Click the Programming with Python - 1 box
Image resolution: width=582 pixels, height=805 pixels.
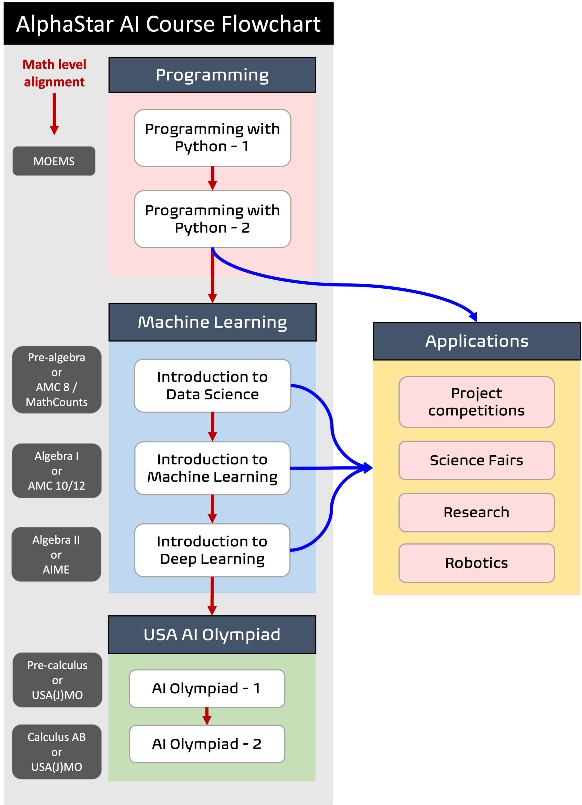(212, 138)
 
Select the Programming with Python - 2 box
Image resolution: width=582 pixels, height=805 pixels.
(212, 219)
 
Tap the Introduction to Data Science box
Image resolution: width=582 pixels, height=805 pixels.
(212, 386)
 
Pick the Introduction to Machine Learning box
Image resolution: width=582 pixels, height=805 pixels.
(212, 468)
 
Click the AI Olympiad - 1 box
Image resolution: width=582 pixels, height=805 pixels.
(207, 688)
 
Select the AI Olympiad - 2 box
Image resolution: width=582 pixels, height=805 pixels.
(207, 744)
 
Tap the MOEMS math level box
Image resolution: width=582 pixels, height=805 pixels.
(54, 161)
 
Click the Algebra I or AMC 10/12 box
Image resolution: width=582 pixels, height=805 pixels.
(56, 470)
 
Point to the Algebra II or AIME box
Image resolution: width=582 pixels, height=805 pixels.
(56, 554)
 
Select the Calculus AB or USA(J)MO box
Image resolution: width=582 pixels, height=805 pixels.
(56, 752)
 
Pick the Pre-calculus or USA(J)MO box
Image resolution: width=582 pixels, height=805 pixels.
(57, 680)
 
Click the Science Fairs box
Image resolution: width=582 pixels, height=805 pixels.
(476, 460)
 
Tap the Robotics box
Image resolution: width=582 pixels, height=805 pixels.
(476, 563)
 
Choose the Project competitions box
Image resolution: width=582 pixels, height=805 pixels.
(476, 402)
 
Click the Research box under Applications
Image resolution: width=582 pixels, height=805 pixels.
(476, 512)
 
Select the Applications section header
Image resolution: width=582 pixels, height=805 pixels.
(477, 341)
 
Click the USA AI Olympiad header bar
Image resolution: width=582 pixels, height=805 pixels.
(212, 635)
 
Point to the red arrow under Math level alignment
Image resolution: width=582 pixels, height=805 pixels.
(54, 114)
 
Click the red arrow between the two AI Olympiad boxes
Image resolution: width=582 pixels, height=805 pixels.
(207, 716)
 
